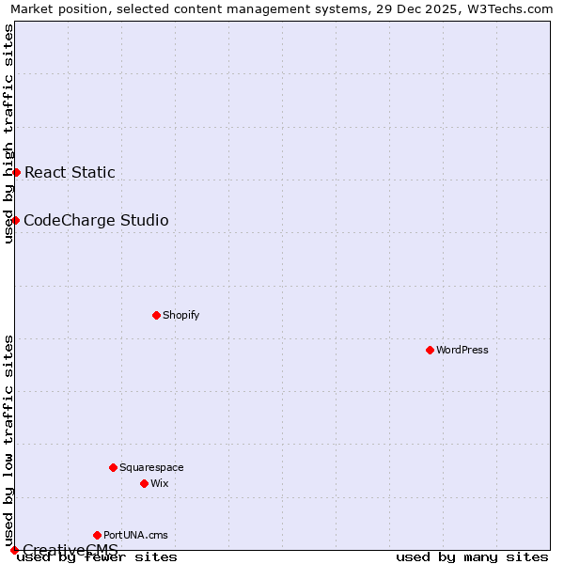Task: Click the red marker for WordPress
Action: click(x=430, y=350)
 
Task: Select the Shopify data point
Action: click(x=156, y=315)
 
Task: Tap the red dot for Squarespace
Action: click(x=113, y=467)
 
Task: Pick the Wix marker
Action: click(x=144, y=483)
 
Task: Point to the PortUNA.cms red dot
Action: click(x=97, y=535)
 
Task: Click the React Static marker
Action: click(x=16, y=172)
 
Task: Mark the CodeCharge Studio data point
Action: click(x=16, y=220)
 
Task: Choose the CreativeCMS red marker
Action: click(x=14, y=550)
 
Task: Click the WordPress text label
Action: click(x=462, y=350)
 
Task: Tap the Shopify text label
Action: click(x=180, y=315)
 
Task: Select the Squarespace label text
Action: click(x=151, y=467)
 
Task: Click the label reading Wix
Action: click(x=159, y=483)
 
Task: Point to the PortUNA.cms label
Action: click(x=135, y=535)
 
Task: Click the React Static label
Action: click(x=70, y=172)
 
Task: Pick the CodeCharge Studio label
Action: click(x=96, y=220)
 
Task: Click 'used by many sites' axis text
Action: click(x=472, y=556)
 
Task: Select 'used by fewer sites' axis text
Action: click(x=97, y=556)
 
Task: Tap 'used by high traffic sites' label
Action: click(x=8, y=133)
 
